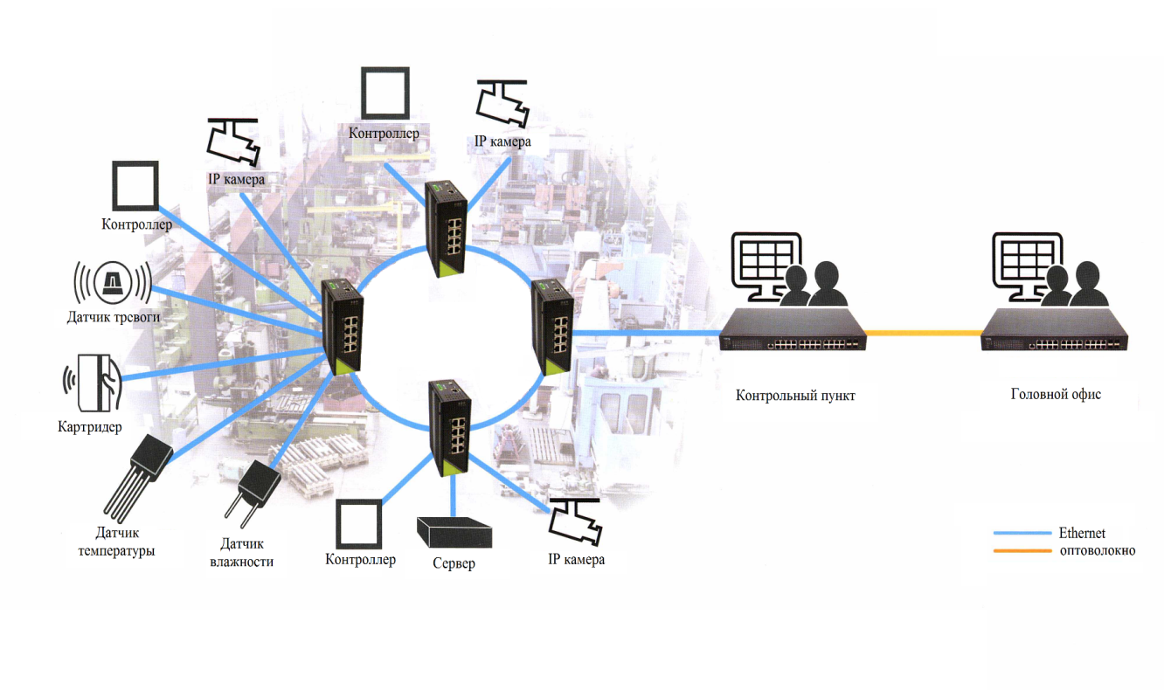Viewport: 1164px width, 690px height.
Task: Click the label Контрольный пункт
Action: (x=794, y=395)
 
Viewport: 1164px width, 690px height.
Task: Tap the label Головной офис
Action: (x=1056, y=394)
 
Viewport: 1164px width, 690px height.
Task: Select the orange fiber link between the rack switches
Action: (x=924, y=332)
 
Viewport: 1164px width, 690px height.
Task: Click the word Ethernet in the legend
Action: (x=1082, y=533)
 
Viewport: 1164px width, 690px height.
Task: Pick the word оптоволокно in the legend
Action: (x=1097, y=550)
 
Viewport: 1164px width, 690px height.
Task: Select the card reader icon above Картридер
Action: (x=96, y=381)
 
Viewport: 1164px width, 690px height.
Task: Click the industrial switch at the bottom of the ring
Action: (x=447, y=427)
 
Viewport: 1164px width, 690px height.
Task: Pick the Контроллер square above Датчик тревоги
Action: (x=135, y=184)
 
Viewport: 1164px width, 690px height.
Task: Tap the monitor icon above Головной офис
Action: (x=1028, y=259)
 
